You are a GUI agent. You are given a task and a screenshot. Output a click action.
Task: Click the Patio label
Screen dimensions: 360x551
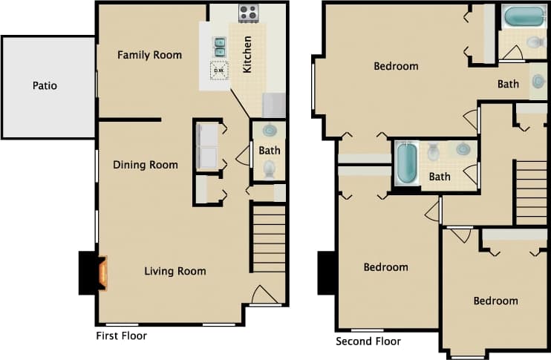[x=45, y=86]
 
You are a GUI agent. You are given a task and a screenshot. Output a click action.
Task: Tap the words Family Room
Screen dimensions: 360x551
[x=149, y=55]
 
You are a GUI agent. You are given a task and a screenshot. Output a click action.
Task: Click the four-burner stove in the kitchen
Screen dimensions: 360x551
[x=248, y=13]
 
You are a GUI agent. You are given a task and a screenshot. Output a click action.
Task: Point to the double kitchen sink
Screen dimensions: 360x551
[x=220, y=47]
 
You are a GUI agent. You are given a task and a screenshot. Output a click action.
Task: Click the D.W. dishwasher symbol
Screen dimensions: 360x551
[x=220, y=71]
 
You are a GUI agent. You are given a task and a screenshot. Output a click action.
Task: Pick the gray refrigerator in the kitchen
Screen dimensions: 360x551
[x=273, y=105]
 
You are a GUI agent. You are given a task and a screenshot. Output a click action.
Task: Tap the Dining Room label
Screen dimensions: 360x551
[x=145, y=165]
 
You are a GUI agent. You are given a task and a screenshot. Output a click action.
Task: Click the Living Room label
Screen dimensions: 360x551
[x=175, y=271]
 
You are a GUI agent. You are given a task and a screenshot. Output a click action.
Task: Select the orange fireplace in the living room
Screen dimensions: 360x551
[x=102, y=273]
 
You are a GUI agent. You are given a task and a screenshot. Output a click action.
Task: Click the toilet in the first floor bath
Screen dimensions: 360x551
[x=269, y=169]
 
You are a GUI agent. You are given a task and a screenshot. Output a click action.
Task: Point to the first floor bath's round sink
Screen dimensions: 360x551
[x=270, y=131]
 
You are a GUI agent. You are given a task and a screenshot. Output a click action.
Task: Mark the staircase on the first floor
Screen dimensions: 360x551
[x=269, y=239]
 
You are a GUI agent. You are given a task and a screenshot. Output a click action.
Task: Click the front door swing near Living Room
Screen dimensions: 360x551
[x=264, y=295]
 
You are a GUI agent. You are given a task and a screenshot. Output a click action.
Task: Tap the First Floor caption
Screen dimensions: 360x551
[x=122, y=336]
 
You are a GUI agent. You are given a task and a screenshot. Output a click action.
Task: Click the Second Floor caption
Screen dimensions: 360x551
[x=368, y=341]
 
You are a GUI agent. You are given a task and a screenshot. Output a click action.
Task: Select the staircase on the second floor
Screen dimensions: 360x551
[x=531, y=192]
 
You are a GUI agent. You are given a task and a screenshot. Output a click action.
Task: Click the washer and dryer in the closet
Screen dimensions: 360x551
[x=206, y=146]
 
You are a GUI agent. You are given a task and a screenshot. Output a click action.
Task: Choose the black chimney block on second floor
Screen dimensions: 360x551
[x=327, y=273]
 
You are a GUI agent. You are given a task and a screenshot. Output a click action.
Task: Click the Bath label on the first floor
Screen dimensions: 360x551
[x=270, y=151]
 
